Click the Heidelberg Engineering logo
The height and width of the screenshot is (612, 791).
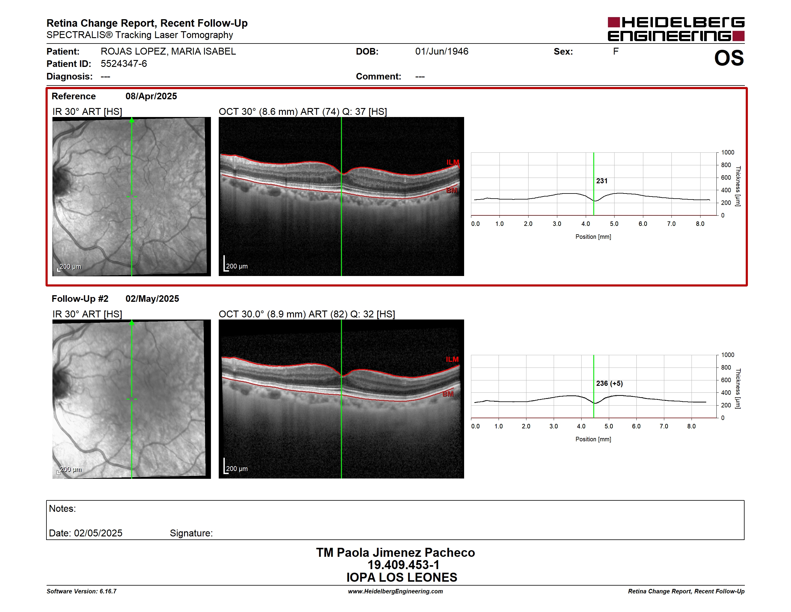676,29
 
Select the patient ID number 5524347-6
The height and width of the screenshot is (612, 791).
124,64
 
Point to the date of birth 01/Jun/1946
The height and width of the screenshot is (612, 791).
442,52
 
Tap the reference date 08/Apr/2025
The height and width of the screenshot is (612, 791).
151,96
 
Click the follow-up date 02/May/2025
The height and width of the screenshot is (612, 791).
152,299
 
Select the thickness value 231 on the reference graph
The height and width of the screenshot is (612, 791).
602,181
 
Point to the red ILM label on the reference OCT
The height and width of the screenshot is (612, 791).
453,162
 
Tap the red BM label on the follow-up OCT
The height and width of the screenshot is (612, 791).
448,394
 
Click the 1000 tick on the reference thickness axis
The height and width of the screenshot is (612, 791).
727,153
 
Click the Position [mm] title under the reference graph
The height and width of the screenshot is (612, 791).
593,237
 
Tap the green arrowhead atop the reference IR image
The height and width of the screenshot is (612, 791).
132,120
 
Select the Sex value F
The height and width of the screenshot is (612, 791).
616,52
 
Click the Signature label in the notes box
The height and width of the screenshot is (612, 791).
191,533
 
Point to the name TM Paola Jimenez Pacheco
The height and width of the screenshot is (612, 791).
395,553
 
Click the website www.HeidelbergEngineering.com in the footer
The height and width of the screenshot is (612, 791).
395,591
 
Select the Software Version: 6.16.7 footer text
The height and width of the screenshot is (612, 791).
81,591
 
